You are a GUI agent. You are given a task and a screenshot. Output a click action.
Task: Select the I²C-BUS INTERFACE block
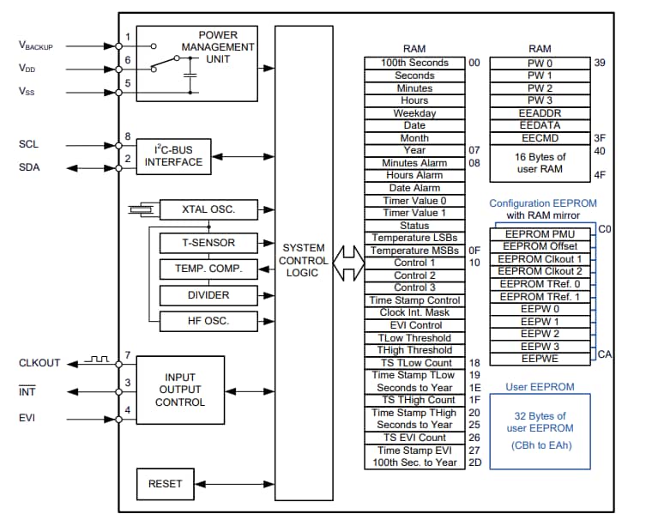(x=179, y=155)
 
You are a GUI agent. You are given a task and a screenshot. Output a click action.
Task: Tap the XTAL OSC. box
(x=208, y=209)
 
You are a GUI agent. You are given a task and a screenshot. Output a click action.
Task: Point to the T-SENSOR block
(x=208, y=243)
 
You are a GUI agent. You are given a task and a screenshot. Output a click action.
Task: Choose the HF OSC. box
(x=208, y=321)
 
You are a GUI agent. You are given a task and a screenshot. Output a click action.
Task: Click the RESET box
(x=165, y=484)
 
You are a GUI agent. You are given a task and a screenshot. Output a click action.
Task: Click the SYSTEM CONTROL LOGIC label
(x=304, y=260)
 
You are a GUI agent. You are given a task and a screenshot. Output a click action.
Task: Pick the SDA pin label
(x=29, y=167)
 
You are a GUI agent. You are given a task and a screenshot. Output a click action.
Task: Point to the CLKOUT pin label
(x=39, y=363)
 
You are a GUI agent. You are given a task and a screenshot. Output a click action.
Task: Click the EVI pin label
(x=28, y=419)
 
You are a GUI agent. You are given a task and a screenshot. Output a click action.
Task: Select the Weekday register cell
(x=414, y=113)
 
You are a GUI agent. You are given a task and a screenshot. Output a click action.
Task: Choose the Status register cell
(x=414, y=226)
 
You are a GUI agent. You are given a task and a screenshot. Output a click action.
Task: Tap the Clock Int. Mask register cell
(x=414, y=312)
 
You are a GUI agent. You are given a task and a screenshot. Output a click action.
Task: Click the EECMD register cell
(x=540, y=137)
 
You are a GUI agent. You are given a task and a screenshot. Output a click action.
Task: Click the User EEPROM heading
(x=540, y=387)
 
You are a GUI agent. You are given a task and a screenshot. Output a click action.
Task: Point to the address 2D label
(x=474, y=463)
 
